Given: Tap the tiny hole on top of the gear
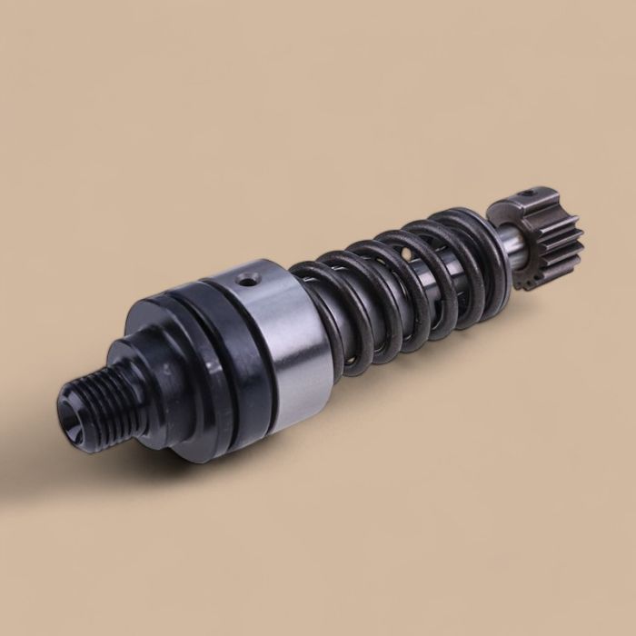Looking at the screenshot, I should (x=528, y=194).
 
